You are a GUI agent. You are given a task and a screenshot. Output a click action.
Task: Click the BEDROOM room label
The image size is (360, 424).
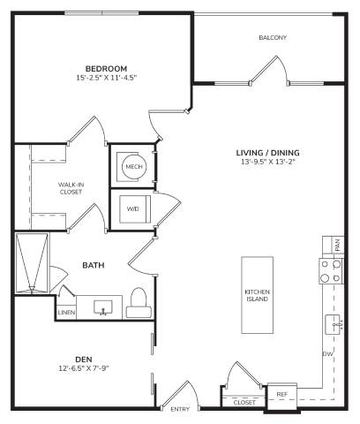pos(106,69)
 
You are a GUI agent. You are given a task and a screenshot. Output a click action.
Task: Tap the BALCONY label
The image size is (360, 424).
pos(273,38)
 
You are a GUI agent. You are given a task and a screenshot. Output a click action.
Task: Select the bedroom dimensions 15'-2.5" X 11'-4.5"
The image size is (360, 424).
pos(107,78)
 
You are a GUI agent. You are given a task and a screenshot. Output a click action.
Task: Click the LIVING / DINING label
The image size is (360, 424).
pos(268,153)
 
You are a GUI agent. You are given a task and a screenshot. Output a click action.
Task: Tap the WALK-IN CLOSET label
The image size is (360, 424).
pos(71,188)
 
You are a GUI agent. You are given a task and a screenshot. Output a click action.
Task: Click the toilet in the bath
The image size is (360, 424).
pos(139,302)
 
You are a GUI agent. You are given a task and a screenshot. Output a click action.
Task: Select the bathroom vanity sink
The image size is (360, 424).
pos(103,307)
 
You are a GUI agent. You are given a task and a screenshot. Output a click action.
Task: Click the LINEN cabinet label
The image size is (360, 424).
pos(66,313)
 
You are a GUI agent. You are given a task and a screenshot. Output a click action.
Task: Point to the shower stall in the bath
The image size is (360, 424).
pos(32,263)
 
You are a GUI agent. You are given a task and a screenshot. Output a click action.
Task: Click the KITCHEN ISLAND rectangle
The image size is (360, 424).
pos(258,295)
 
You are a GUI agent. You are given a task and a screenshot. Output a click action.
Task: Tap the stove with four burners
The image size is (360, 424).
pos(331,271)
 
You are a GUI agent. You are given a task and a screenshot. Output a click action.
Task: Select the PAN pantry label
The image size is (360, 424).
pos(338,245)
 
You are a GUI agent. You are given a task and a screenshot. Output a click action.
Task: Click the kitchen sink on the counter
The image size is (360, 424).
pos(334,324)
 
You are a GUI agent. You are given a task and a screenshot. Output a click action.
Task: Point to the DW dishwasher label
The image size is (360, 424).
pos(328,354)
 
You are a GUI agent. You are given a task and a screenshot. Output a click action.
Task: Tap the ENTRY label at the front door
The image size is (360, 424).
pos(180,409)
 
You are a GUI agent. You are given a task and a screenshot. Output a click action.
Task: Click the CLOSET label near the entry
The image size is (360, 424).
pos(244,402)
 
